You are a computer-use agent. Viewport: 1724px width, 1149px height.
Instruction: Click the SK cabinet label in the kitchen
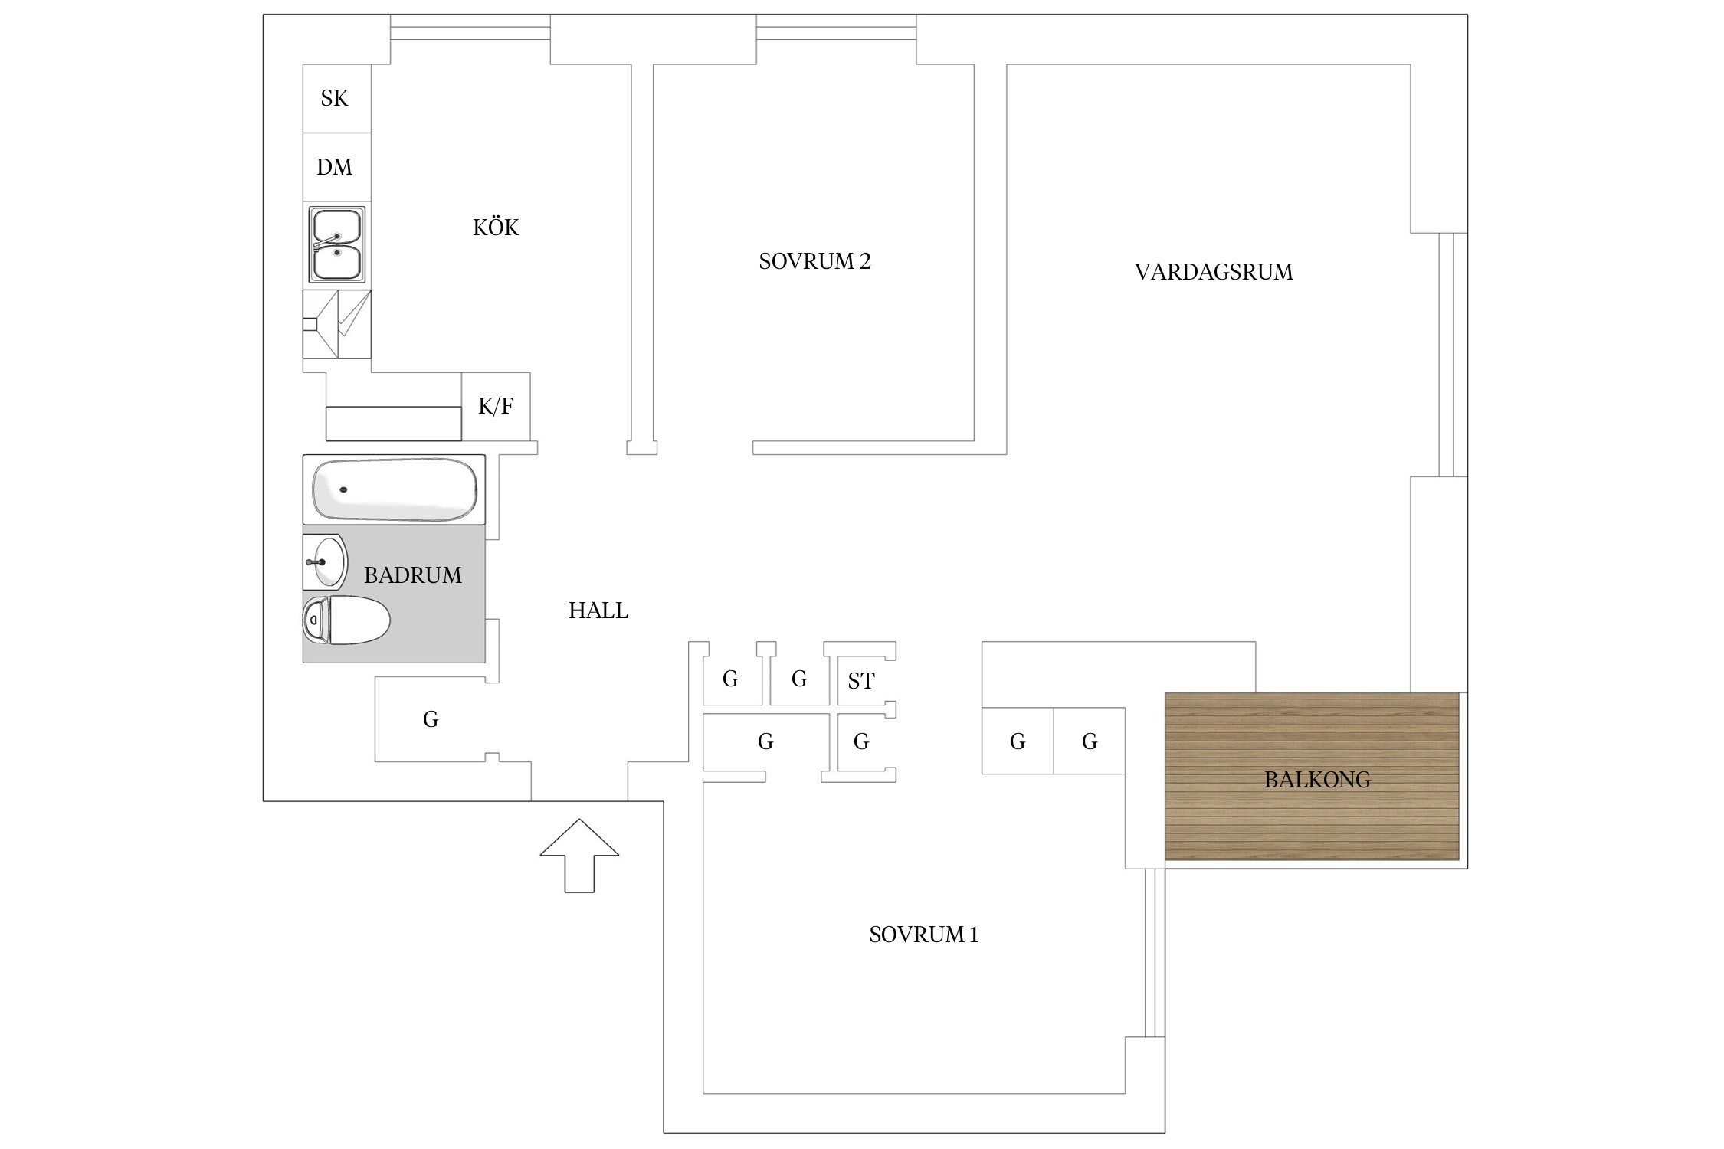coord(334,98)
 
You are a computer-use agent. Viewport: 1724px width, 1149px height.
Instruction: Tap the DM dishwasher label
coord(334,167)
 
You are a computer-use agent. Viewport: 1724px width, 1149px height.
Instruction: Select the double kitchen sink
coord(336,244)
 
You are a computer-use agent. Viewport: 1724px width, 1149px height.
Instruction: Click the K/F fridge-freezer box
coord(496,406)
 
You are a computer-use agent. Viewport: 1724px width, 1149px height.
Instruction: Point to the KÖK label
coord(496,227)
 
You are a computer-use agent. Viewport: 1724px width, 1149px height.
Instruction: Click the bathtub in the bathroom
coord(394,489)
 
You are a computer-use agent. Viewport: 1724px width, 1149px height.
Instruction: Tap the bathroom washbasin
coord(325,561)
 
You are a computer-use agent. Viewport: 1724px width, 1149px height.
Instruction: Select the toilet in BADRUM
coord(346,620)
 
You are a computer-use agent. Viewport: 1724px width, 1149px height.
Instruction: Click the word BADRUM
coord(413,575)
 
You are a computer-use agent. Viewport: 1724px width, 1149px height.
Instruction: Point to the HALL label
coord(598,611)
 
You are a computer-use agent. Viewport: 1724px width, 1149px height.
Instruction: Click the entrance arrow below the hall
coord(579,856)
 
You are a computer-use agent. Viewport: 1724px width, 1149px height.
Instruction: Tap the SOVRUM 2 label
coord(815,261)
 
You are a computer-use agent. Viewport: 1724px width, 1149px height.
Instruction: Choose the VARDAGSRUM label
coord(1214,272)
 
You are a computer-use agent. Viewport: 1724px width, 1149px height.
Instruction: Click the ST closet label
coord(861,681)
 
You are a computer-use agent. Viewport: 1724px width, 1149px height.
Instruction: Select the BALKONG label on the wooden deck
coord(1317,780)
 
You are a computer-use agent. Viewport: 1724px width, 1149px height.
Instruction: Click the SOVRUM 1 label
coord(924,935)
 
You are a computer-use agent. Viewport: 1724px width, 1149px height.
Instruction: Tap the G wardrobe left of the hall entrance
coord(431,719)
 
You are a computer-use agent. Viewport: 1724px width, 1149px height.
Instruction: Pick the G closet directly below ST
coord(861,741)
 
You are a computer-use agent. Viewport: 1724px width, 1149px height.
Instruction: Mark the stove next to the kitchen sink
coord(337,324)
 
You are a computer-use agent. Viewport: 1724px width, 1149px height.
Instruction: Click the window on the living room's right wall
coord(1453,355)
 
